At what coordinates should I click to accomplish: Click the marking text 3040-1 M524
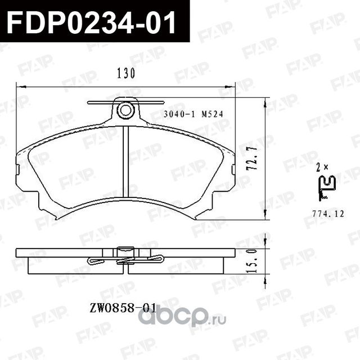coord(192,113)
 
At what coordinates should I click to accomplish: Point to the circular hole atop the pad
coord(125,110)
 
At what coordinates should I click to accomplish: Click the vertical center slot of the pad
coord(126,163)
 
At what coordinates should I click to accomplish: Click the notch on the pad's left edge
coord(17,168)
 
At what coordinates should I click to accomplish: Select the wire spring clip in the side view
coord(125,260)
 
